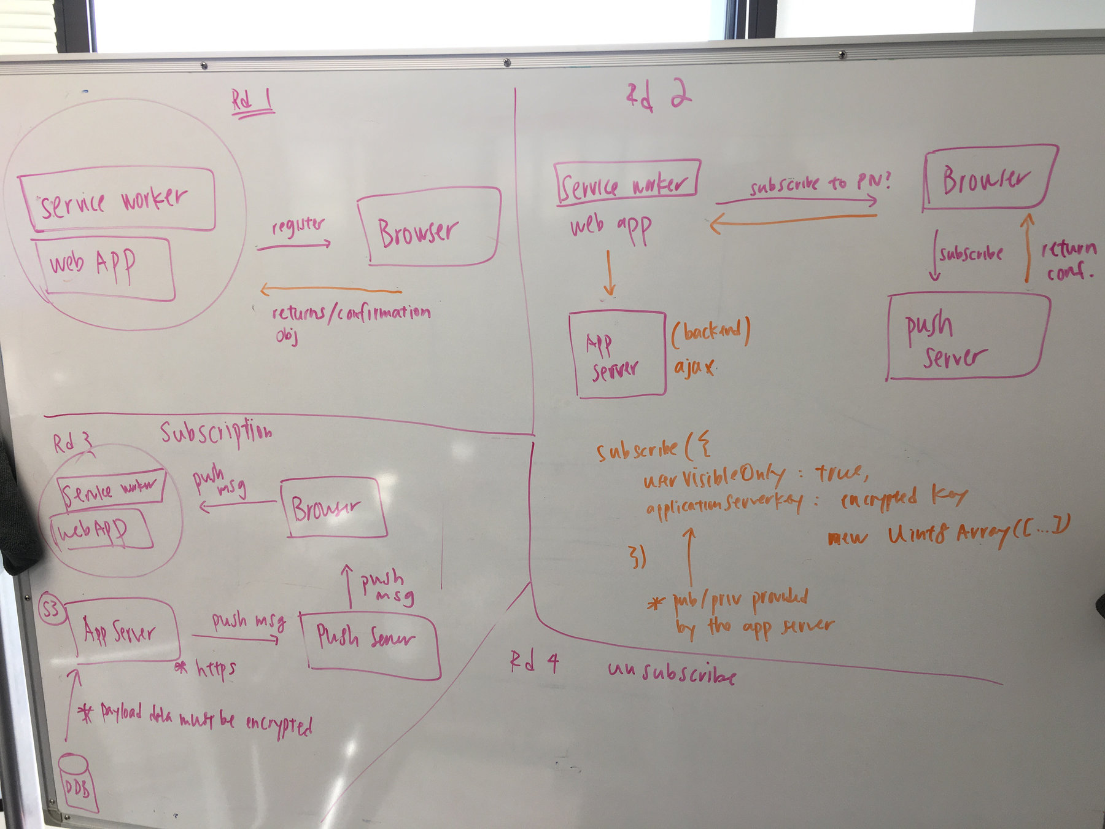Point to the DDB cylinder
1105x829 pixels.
[x=78, y=784]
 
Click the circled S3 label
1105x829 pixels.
[x=51, y=609]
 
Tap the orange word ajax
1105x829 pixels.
[x=694, y=367]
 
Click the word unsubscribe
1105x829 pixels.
[x=672, y=672]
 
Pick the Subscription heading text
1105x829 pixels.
[x=215, y=432]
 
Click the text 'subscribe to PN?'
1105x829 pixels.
[x=820, y=183]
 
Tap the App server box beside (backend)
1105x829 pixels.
[x=616, y=354]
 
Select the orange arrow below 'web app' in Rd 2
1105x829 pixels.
[x=609, y=273]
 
